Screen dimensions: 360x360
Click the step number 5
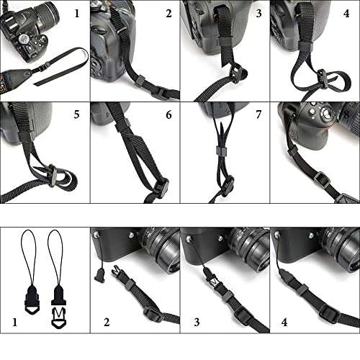click(76, 114)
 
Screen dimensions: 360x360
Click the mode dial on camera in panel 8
click(328, 114)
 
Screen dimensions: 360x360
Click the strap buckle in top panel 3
click(235, 72)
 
